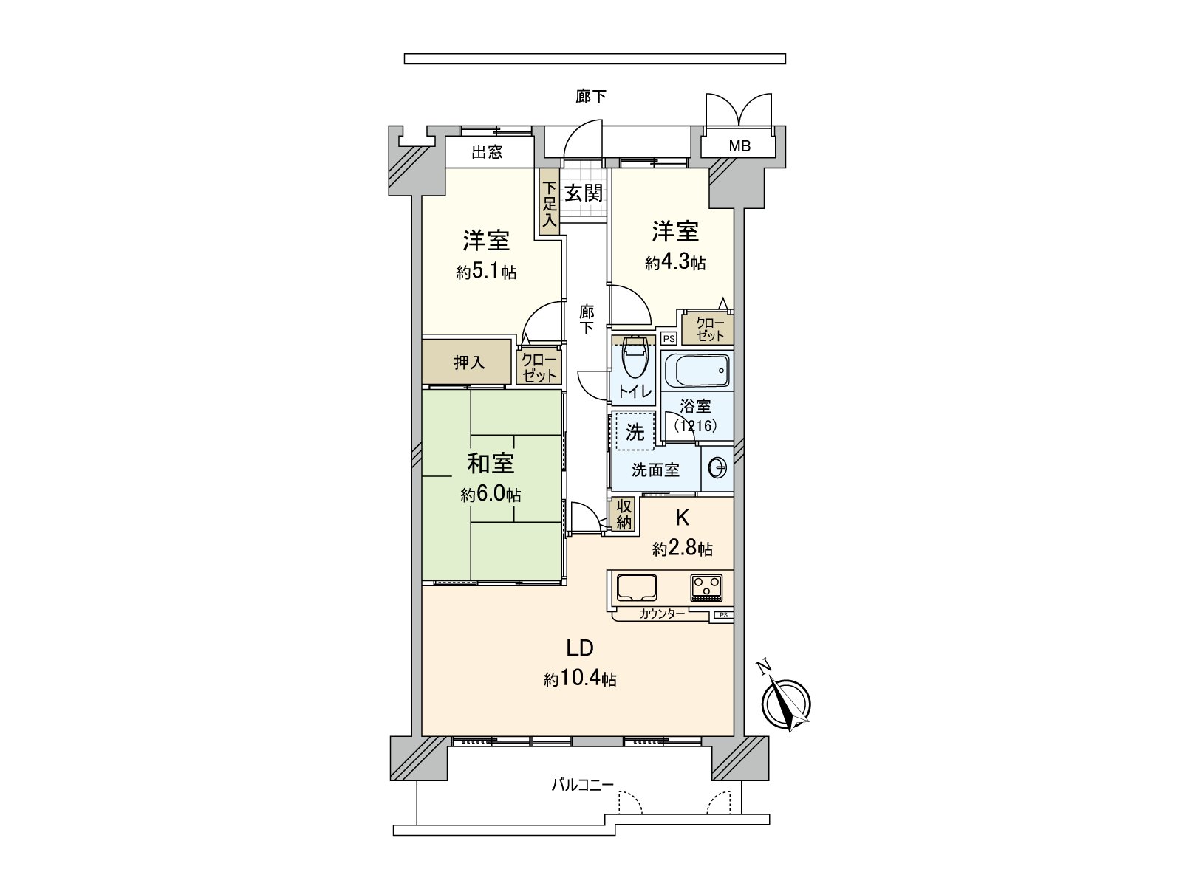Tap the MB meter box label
tap(739, 146)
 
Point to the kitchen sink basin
tap(637, 588)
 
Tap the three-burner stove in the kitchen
tap(707, 588)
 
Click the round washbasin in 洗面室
tap(717, 468)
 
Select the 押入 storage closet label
tap(468, 363)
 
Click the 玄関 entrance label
tap(584, 193)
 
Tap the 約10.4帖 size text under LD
tap(580, 679)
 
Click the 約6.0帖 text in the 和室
tap(491, 495)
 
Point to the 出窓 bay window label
tap(487, 153)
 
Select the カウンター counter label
tap(662, 613)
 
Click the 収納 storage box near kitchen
tap(624, 514)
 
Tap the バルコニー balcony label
tap(582, 785)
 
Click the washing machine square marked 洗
tap(635, 431)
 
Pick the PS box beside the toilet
tap(669, 339)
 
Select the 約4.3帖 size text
tap(674, 263)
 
